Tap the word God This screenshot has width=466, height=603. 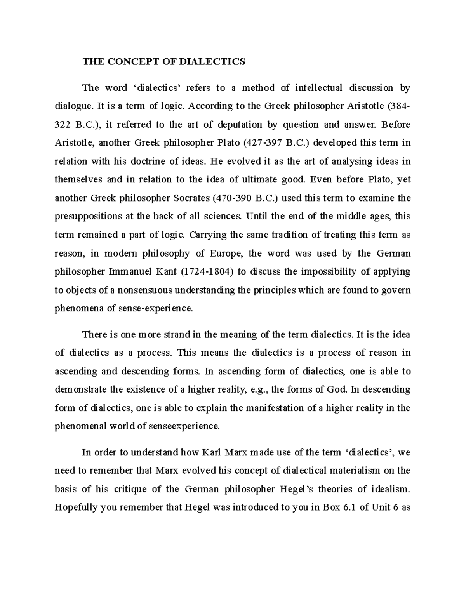(x=337, y=389)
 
